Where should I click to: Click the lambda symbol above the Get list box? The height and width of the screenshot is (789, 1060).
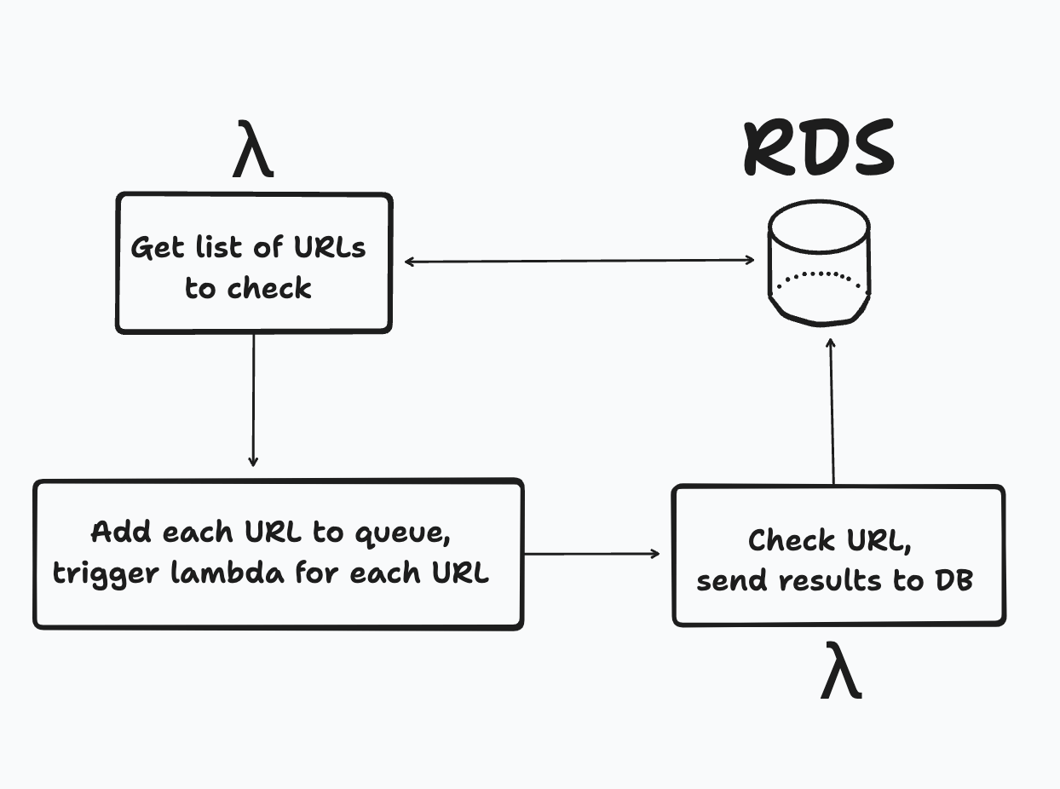pyautogui.click(x=253, y=151)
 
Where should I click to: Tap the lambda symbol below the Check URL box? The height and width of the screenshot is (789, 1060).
pyautogui.click(x=841, y=672)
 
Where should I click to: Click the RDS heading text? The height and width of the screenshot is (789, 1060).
pyautogui.click(x=819, y=149)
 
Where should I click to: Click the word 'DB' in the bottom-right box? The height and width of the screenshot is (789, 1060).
pyautogui.click(x=954, y=580)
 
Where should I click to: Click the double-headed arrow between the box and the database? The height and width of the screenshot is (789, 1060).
pyautogui.click(x=579, y=261)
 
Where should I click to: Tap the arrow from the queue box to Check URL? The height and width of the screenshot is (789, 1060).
pyautogui.click(x=591, y=554)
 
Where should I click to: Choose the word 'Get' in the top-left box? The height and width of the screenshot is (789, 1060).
pyautogui.click(x=157, y=248)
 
